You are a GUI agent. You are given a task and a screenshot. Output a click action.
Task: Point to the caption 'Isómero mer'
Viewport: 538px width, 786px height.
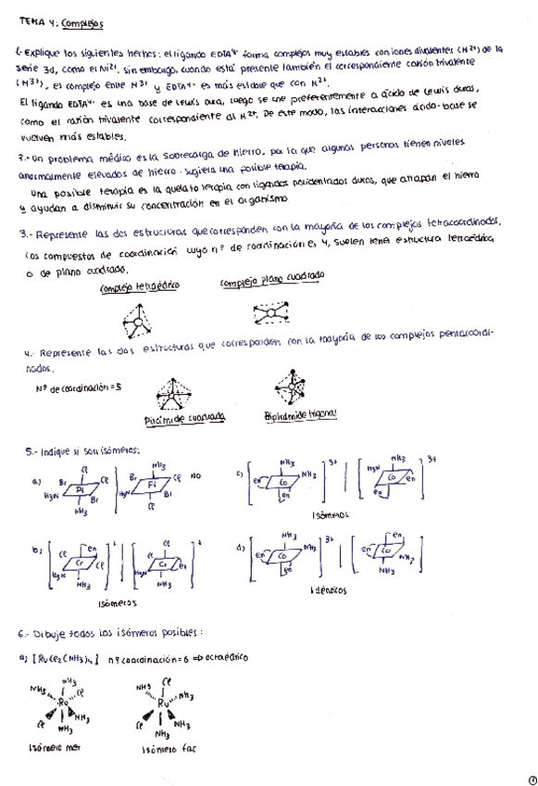54,749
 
